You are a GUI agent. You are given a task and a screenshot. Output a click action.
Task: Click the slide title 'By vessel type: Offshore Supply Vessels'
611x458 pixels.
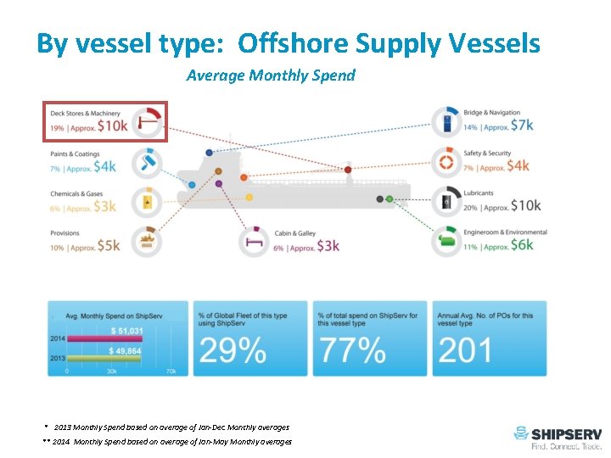[x=288, y=43]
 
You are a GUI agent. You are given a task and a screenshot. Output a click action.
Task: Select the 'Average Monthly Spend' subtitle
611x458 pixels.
[x=270, y=75]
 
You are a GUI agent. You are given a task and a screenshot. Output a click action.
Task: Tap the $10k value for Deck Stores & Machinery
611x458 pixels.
[x=112, y=126]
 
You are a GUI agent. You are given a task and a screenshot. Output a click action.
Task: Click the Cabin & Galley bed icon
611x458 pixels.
[x=254, y=240]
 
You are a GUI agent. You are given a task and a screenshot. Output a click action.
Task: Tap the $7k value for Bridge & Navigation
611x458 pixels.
[x=521, y=126]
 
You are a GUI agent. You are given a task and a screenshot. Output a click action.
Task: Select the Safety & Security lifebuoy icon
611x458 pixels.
[x=446, y=160]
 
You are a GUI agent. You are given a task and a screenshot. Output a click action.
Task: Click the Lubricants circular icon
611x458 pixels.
[x=446, y=201]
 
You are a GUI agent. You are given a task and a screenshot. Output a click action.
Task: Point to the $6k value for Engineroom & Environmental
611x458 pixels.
[x=521, y=244]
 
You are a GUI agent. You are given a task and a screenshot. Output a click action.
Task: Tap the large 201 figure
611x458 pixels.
[x=466, y=349]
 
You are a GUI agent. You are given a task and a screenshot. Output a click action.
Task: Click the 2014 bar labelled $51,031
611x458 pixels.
[x=109, y=339]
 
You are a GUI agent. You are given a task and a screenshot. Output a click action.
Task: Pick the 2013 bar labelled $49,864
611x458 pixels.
[x=109, y=360]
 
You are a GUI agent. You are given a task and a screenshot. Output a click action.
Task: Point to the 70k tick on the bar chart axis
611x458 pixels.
[x=171, y=371]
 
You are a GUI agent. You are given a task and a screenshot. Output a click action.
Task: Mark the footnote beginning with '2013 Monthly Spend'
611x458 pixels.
[x=171, y=427]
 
